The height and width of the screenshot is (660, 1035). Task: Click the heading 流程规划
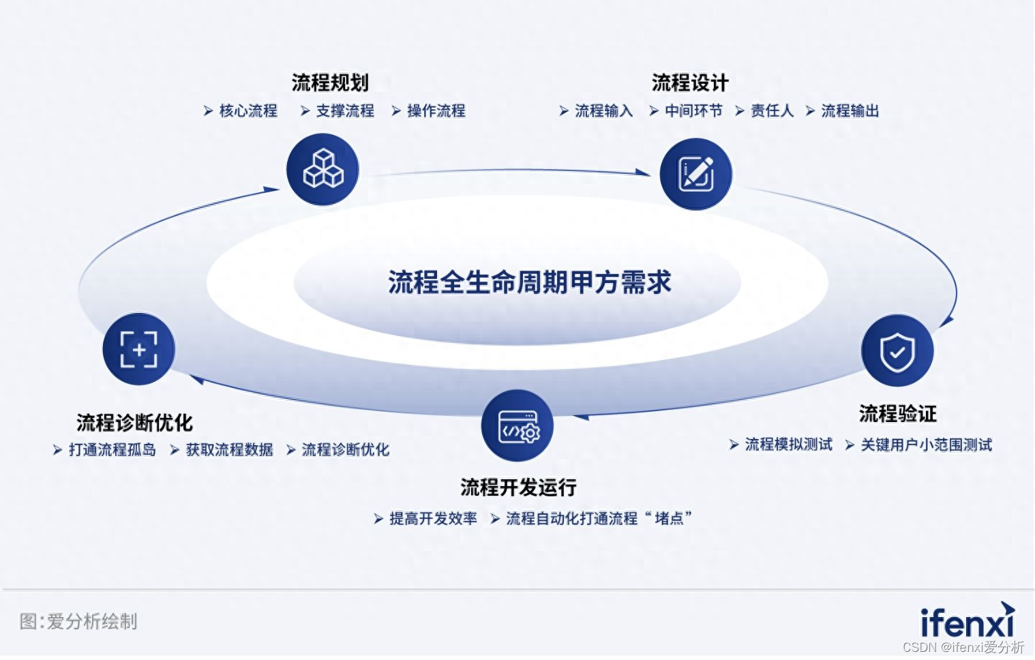[330, 83]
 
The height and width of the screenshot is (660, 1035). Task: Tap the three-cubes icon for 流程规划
[322, 169]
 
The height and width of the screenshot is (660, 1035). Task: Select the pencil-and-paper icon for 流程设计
[695, 174]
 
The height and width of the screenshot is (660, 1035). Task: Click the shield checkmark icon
[897, 351]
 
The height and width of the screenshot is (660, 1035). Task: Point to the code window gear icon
[517, 425]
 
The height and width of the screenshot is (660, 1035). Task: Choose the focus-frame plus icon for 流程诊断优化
[138, 349]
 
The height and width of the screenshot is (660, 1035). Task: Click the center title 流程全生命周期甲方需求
[529, 282]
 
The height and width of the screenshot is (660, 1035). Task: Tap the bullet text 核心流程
[248, 110]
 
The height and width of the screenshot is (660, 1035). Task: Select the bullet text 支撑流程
[345, 110]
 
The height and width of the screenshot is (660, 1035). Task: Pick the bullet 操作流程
[436, 110]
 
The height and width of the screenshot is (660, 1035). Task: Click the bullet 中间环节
[693, 110]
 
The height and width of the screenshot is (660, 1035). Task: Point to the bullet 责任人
[772, 110]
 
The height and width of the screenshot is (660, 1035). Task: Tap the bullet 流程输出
[850, 110]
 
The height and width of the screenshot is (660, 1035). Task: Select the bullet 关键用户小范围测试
[926, 445]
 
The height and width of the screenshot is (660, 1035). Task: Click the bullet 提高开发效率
[433, 518]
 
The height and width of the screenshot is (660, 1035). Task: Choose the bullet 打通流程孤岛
[112, 449]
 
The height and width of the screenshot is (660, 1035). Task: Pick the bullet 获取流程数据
[229, 449]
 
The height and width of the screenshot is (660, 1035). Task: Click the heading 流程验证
[897, 413]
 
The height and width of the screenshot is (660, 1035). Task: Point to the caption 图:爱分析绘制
[78, 621]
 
